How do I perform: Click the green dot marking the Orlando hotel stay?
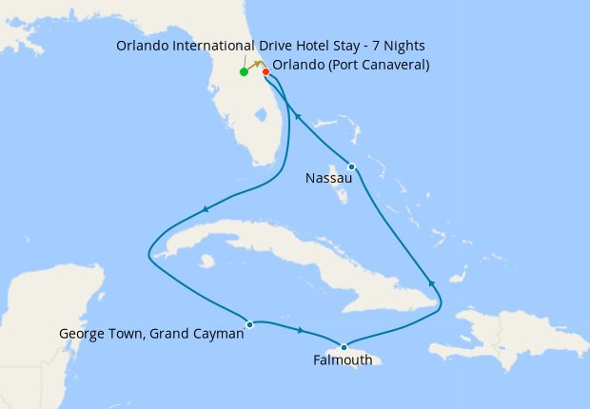(245, 71)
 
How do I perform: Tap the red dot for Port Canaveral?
(265, 71)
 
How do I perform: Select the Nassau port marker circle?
(351, 166)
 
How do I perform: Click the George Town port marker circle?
(249, 324)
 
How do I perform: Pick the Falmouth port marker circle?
(344, 347)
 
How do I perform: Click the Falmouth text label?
(344, 361)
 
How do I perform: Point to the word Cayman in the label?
(214, 334)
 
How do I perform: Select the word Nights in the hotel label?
(401, 46)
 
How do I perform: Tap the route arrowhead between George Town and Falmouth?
(301, 330)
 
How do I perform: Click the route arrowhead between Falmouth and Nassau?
(431, 282)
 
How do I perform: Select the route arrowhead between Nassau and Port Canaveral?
(297, 116)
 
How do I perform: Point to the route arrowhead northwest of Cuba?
(205, 210)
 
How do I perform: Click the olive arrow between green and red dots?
(255, 65)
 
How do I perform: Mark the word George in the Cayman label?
(82, 334)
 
